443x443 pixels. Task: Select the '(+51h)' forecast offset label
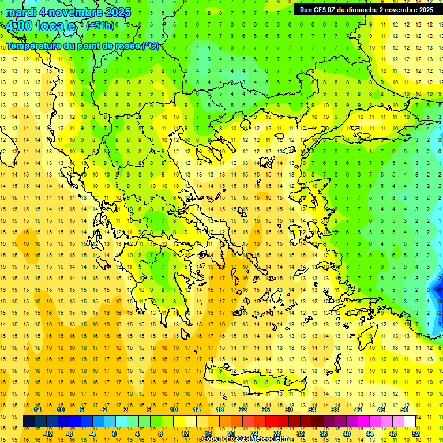(100, 26)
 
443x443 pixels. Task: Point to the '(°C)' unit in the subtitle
(151, 46)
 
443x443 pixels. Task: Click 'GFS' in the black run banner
(324, 10)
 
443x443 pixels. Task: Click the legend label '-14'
(37, 410)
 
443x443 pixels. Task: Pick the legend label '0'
(114, 433)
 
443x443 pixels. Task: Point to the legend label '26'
(265, 410)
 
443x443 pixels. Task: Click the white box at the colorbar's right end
(410, 422)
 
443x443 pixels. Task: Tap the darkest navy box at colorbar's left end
(29, 422)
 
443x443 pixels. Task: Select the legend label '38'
(335, 410)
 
